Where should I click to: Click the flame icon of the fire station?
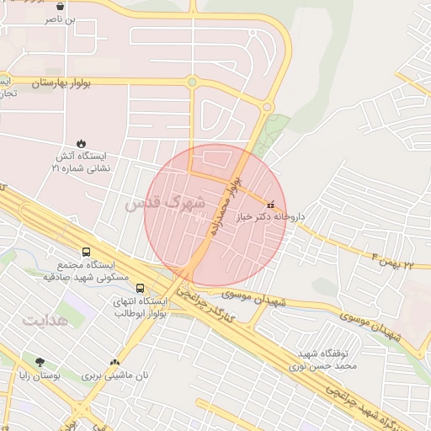[x=82, y=143]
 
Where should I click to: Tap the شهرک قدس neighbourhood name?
[x=165, y=203]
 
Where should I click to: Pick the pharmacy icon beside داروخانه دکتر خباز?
[x=269, y=205]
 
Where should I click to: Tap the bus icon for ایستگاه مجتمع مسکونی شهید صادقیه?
[x=86, y=252]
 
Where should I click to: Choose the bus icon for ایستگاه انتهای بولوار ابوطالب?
[x=140, y=289]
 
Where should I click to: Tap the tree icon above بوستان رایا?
[x=40, y=362]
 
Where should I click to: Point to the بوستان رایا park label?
[x=40, y=376]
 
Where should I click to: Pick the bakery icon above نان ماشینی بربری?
[x=114, y=362]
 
